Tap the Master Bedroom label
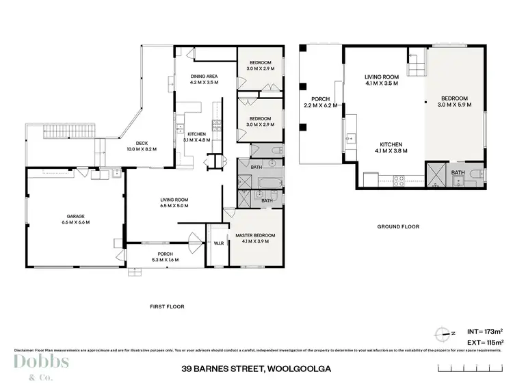(256, 235)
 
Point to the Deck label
(142, 143)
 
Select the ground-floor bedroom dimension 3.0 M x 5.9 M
(454, 105)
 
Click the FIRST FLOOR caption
(166, 307)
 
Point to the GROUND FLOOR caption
(398, 226)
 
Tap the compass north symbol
(443, 334)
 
